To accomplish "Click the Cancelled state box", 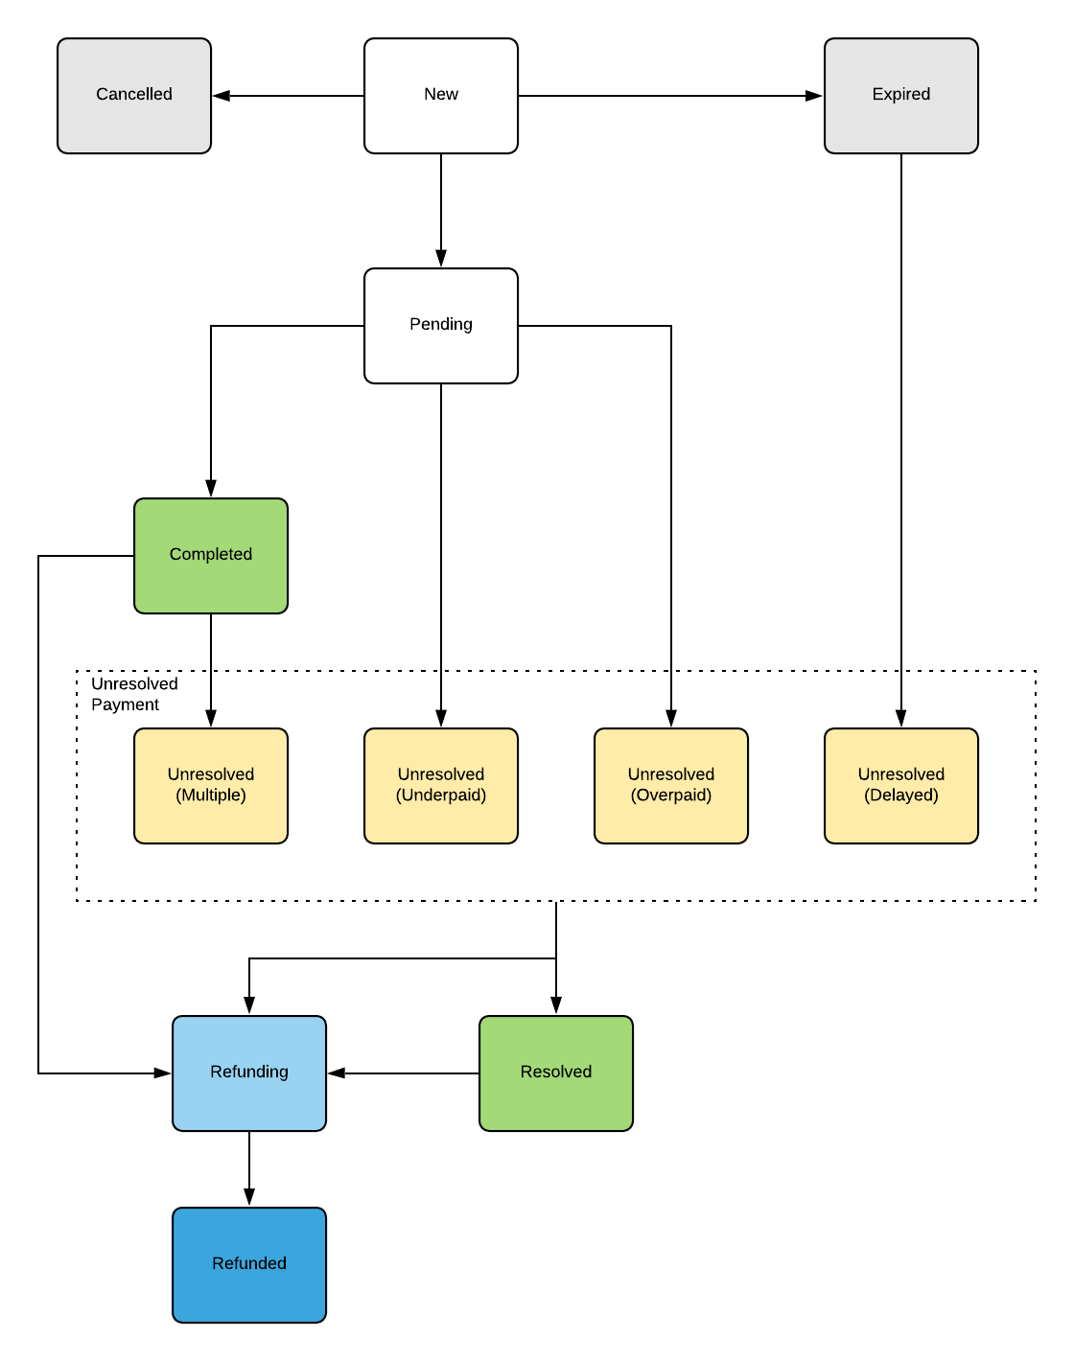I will click(134, 96).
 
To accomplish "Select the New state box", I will click(441, 96).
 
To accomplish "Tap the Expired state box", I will click(901, 96).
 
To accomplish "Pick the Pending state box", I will click(441, 326).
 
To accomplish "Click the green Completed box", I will click(211, 556).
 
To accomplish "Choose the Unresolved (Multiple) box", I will click(211, 786).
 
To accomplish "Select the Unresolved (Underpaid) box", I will click(441, 786).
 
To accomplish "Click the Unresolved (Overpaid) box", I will click(671, 786).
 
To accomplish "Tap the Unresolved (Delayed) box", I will click(901, 786).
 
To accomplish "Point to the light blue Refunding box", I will click(249, 1073).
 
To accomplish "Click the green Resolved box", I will click(556, 1073).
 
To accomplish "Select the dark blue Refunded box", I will click(249, 1265).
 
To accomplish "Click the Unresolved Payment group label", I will click(133, 694).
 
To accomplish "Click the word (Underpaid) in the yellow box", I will click(441, 796).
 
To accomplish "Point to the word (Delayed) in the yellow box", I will click(901, 796).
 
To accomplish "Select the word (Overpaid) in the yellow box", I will click(671, 796).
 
